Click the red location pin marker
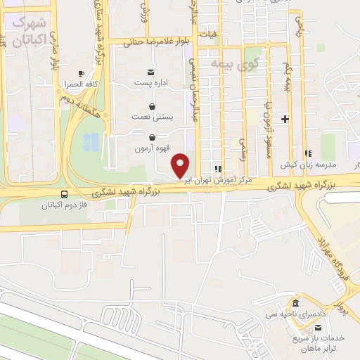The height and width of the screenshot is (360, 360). (181, 165)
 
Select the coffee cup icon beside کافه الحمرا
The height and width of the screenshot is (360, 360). (81, 74)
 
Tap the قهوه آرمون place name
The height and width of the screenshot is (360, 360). (151, 149)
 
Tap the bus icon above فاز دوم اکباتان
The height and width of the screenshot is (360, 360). (65, 194)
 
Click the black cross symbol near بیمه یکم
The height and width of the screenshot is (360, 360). (285, 119)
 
